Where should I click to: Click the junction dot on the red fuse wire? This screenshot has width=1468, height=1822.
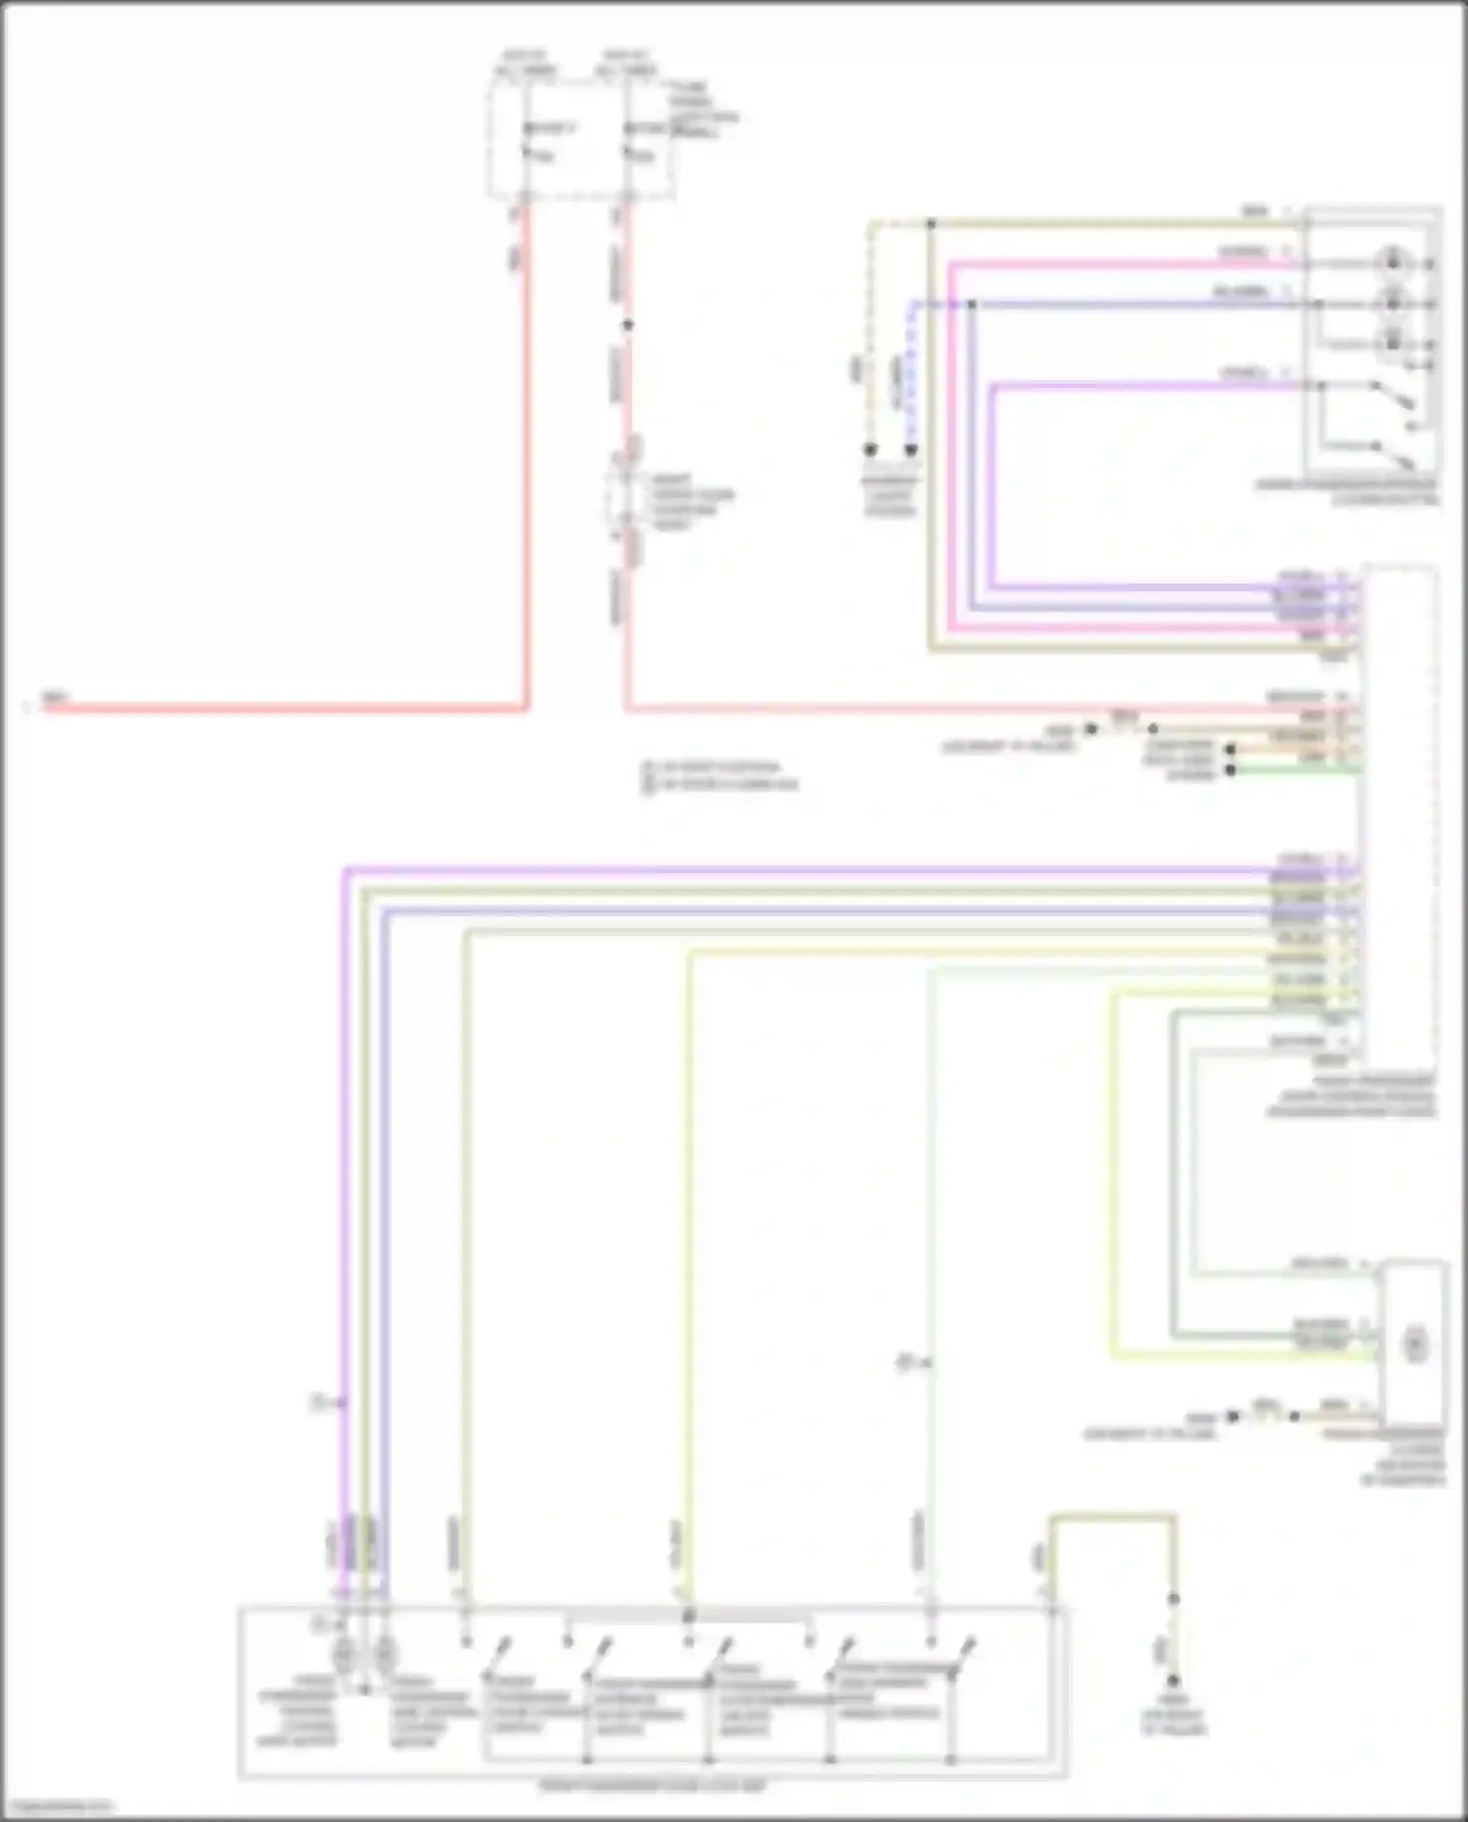tap(628, 325)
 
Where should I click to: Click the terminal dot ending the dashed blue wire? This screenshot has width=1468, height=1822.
tap(910, 450)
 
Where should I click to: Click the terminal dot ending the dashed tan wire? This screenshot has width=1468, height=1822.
tap(870, 450)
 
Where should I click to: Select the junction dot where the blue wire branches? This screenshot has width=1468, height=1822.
tap(972, 304)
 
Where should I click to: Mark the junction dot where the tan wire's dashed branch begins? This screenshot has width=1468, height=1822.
tap(931, 224)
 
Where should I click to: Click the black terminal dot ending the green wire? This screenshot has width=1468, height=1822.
tap(1231, 771)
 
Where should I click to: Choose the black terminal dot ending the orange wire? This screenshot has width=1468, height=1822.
tap(1231, 750)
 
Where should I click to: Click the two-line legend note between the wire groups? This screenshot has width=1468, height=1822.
tap(720, 775)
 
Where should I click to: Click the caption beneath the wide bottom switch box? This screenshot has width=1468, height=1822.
tap(654, 1785)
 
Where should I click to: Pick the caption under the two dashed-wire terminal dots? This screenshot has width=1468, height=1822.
tap(890, 495)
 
